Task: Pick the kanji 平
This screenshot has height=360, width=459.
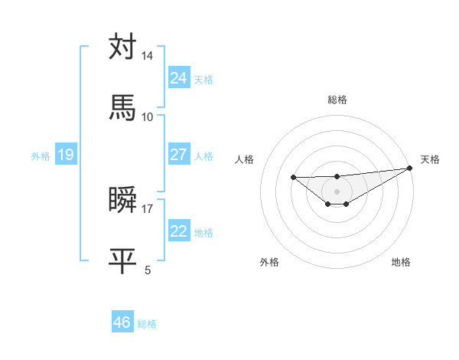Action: (x=122, y=260)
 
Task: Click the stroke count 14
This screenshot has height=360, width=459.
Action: (x=148, y=56)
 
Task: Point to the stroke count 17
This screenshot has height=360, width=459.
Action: (x=148, y=208)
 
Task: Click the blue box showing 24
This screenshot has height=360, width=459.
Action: (x=179, y=78)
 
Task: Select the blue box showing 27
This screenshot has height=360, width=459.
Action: (x=179, y=155)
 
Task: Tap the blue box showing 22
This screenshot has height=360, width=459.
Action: (x=179, y=231)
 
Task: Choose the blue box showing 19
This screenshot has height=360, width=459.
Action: (x=66, y=155)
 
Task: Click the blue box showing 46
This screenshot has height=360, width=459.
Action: (x=122, y=322)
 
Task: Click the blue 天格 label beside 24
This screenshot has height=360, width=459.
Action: (x=203, y=79)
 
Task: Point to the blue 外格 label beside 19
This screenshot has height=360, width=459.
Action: (x=41, y=155)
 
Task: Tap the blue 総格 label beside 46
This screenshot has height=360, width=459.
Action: (x=147, y=323)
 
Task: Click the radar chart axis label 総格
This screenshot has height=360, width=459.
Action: (x=337, y=100)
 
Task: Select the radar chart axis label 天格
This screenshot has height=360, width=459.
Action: (x=430, y=159)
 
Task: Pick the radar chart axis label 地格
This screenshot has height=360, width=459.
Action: (x=401, y=262)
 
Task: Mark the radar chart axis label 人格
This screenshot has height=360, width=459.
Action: (x=245, y=159)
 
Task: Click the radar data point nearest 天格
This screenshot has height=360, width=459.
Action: (x=410, y=169)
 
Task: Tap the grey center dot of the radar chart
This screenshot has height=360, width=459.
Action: (x=337, y=191)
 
